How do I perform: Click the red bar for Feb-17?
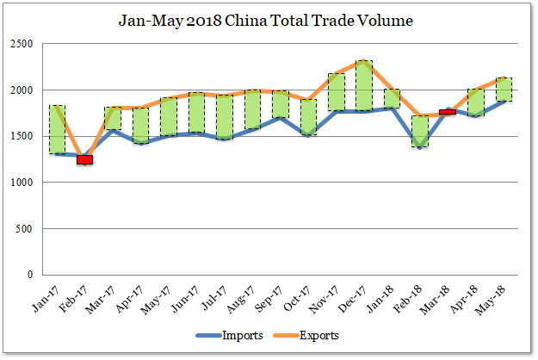coord(84,159)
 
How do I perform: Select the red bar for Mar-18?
coord(448,112)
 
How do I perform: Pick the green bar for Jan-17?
coord(58,129)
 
